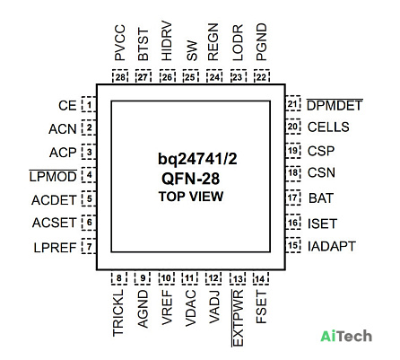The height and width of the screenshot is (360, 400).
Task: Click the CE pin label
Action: pos(67,106)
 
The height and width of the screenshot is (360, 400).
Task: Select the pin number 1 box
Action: pos(89,104)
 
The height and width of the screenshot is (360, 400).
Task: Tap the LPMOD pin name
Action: pos(53,176)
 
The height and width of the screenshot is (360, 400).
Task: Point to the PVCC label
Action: pos(120,43)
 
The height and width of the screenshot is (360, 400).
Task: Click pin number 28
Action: pos(120,77)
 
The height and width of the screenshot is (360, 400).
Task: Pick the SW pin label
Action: pos(192,50)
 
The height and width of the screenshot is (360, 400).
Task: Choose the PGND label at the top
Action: pos(262,42)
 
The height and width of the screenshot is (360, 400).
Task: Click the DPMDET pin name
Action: pos(335,105)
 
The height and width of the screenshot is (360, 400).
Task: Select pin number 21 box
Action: pos(292,103)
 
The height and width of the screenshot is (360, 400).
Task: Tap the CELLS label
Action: pos(328,127)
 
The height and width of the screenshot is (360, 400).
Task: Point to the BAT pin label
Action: pos(321,198)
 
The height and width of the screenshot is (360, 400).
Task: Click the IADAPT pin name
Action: pos(332,246)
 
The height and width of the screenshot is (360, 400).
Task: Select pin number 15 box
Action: pos(292,245)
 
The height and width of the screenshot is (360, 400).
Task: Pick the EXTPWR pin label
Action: pos(238,318)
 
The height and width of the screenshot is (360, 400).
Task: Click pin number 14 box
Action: pos(261,278)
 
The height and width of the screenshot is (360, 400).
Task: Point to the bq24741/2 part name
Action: pos(197,159)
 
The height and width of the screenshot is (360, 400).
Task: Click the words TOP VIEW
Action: pos(191,197)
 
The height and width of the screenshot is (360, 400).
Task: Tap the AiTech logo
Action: pos(346,336)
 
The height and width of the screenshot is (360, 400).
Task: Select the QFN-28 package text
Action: pos(191,179)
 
